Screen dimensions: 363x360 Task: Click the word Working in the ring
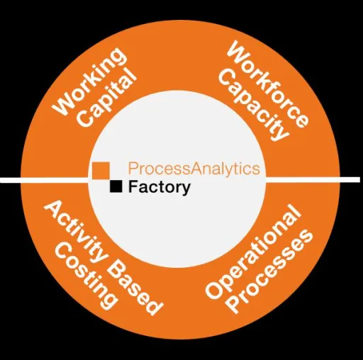[89, 81]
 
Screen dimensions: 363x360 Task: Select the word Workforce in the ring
[267, 84]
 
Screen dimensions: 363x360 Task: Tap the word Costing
[86, 276]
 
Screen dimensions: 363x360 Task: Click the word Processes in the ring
[272, 271]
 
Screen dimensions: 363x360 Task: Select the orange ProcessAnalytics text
[194, 169]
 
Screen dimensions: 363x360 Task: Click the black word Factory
[160, 187]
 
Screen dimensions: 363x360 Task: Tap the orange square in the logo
[101, 170]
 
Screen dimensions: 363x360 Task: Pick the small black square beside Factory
[116, 186]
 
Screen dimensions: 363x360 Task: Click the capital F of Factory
[133, 186]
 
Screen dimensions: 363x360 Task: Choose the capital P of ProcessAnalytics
[133, 169]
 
